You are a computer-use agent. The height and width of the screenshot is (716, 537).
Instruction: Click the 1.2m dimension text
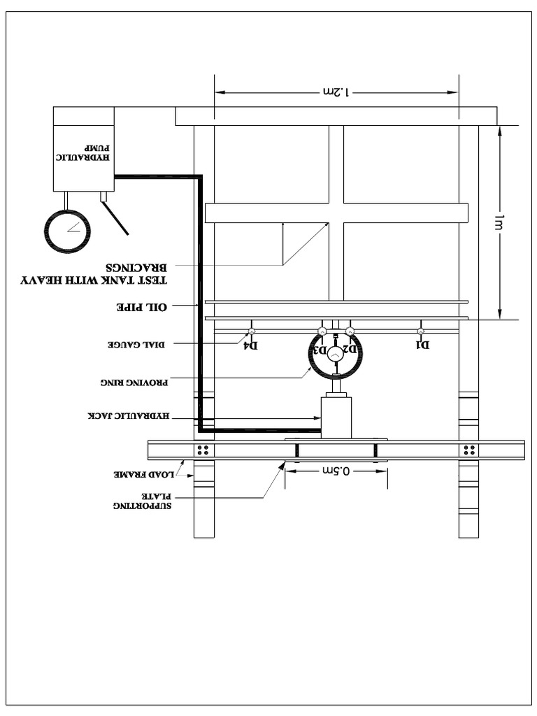click(336, 92)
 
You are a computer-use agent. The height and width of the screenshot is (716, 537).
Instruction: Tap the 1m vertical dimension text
click(499, 222)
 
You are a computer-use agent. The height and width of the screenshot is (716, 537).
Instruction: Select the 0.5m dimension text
click(336, 471)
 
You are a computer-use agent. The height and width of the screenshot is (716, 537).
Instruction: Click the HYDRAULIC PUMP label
click(84, 154)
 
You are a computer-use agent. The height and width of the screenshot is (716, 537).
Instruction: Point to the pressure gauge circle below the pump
click(67, 230)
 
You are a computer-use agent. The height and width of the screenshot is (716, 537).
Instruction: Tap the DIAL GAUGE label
click(134, 344)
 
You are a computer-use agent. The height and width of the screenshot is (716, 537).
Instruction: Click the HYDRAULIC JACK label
click(129, 416)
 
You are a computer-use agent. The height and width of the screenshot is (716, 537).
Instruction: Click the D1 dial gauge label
click(423, 345)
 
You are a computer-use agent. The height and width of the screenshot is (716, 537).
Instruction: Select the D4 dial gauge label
click(250, 345)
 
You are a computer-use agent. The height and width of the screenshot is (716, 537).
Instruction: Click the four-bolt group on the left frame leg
click(203, 449)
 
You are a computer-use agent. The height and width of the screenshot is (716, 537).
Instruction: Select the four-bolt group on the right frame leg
click(468, 449)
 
